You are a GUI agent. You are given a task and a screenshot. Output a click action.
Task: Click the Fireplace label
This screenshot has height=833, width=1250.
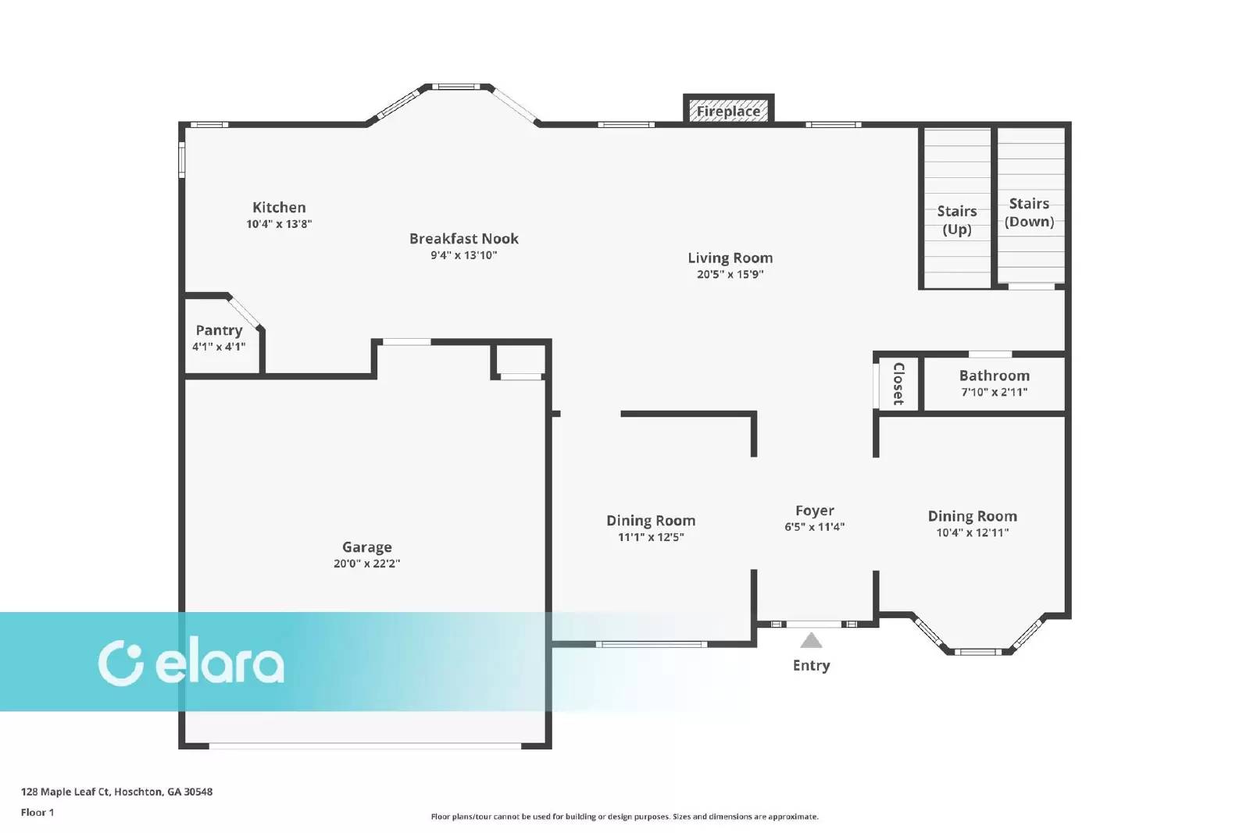click(728, 112)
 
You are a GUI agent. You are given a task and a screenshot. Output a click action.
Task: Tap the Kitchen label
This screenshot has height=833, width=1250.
click(279, 208)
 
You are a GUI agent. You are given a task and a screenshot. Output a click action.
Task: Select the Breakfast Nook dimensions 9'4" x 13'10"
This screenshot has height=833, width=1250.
click(464, 255)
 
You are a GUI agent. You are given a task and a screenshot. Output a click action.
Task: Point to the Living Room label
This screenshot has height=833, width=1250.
click(730, 258)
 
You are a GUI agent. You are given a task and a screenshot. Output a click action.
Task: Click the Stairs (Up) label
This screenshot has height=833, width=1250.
click(956, 220)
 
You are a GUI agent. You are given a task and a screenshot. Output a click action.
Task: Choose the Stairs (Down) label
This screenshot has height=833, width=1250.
click(1029, 212)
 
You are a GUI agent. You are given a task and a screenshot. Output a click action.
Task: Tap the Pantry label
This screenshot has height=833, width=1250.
click(219, 331)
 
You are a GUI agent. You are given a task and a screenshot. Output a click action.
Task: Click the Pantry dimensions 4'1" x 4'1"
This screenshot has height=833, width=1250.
click(219, 347)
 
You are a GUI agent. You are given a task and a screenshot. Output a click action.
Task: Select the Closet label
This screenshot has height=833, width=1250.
click(898, 383)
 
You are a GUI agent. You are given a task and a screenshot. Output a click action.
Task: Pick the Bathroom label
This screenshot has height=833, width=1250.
click(995, 376)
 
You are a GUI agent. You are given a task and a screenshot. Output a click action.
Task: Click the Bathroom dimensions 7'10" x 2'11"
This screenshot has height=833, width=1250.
click(995, 392)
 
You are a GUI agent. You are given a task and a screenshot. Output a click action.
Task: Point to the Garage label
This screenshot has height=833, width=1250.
click(366, 547)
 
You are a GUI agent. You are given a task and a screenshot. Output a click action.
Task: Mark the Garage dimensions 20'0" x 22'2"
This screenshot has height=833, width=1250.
click(366, 563)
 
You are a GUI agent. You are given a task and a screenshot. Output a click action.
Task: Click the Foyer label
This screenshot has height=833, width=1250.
click(815, 511)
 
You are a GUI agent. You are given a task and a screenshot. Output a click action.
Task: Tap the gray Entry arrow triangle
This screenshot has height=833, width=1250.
click(811, 641)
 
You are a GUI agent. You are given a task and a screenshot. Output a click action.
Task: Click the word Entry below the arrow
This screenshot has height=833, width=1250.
click(812, 665)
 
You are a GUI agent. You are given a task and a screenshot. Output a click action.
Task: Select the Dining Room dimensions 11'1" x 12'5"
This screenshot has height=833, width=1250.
click(651, 537)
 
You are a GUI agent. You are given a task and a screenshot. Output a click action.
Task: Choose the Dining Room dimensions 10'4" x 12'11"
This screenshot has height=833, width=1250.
click(972, 532)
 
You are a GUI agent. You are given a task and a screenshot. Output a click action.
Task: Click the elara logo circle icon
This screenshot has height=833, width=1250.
click(120, 663)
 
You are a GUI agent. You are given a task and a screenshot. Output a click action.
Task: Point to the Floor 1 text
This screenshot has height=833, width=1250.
click(37, 813)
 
